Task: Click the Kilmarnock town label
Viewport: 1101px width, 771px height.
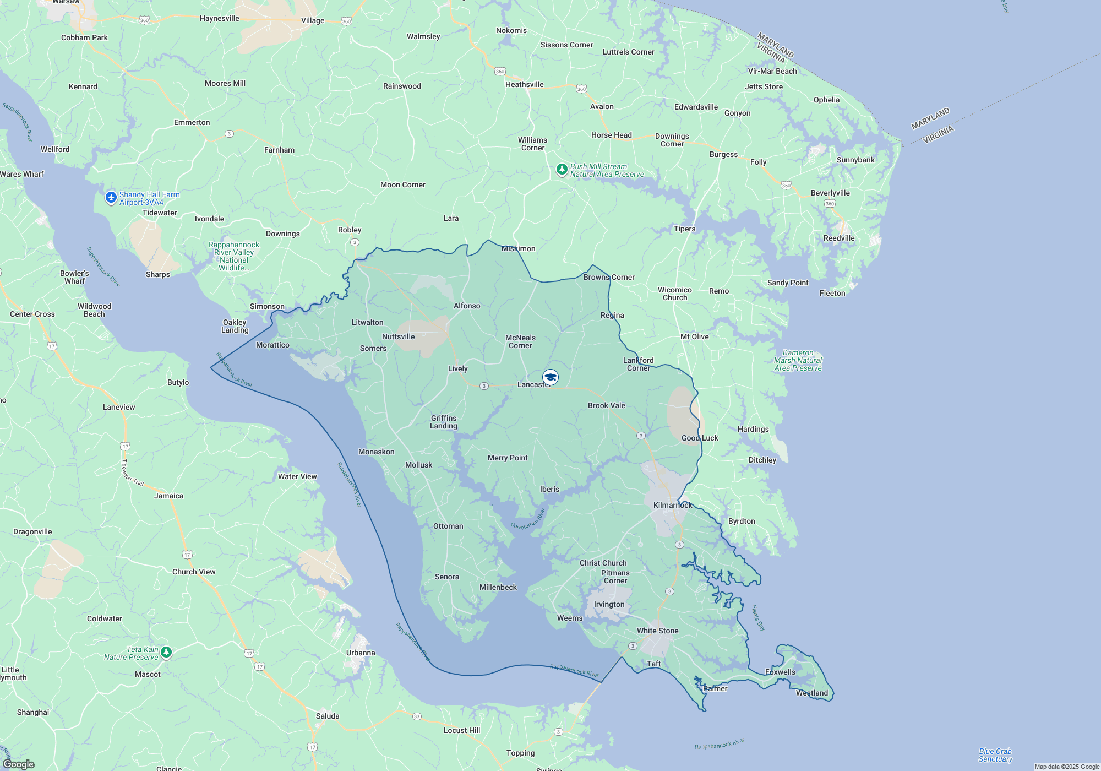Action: point(672,505)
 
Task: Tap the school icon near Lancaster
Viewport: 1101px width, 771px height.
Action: point(550,377)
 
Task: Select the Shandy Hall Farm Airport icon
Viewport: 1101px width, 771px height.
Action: point(111,198)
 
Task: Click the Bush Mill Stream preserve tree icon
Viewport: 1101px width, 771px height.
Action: point(562,170)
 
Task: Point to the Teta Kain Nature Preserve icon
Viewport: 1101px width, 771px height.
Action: point(166,653)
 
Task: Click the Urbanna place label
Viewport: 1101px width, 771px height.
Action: point(361,653)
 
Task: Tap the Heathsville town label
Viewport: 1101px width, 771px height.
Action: point(524,84)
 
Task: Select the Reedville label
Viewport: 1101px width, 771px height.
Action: point(838,238)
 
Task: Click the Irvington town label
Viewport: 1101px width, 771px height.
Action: point(609,604)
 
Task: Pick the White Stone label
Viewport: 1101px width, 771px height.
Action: point(657,631)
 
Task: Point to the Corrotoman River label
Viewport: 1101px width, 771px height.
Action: point(527,519)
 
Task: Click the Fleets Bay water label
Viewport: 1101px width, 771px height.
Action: point(758,618)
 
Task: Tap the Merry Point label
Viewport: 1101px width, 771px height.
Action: point(507,458)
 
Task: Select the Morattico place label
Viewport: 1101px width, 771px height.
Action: point(272,345)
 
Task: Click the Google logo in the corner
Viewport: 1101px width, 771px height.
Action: point(19,764)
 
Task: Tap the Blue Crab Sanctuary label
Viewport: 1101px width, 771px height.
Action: point(995,755)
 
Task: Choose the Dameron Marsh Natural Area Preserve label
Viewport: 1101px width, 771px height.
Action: point(798,360)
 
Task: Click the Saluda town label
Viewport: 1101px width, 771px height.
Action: point(328,716)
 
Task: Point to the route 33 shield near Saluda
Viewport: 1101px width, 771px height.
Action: point(417,716)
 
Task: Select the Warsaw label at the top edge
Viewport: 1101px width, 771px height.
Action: point(66,2)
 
